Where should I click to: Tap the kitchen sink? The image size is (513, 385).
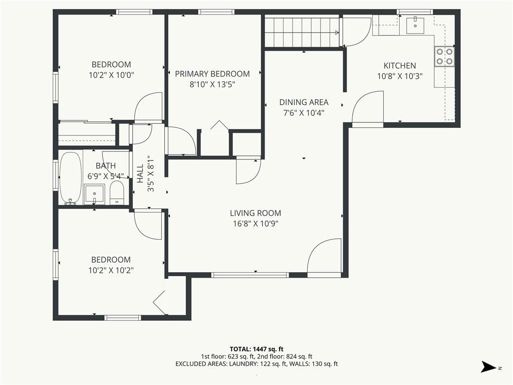point(415,26)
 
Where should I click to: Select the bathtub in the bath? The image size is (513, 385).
point(70,178)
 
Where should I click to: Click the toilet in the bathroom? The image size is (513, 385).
point(116,193)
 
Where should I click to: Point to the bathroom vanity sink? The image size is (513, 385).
point(94,194)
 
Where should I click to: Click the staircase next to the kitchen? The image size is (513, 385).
point(302,32)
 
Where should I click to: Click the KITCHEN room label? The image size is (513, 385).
point(399,66)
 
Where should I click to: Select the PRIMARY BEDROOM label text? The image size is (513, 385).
point(212,74)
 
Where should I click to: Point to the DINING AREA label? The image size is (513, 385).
point(304,102)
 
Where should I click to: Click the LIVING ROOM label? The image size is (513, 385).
point(255,213)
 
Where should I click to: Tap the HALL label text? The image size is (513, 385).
point(140,173)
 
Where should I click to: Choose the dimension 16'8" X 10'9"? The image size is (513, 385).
point(255,224)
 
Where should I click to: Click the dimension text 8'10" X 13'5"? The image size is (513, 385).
point(212,84)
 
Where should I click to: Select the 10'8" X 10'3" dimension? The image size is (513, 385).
point(400,76)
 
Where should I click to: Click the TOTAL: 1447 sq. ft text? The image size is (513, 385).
point(256,349)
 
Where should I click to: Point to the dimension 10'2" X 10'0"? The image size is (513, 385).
point(111,75)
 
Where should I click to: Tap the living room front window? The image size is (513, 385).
point(250,275)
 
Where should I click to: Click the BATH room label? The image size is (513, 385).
point(106,165)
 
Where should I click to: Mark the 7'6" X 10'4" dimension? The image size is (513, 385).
point(304,113)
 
